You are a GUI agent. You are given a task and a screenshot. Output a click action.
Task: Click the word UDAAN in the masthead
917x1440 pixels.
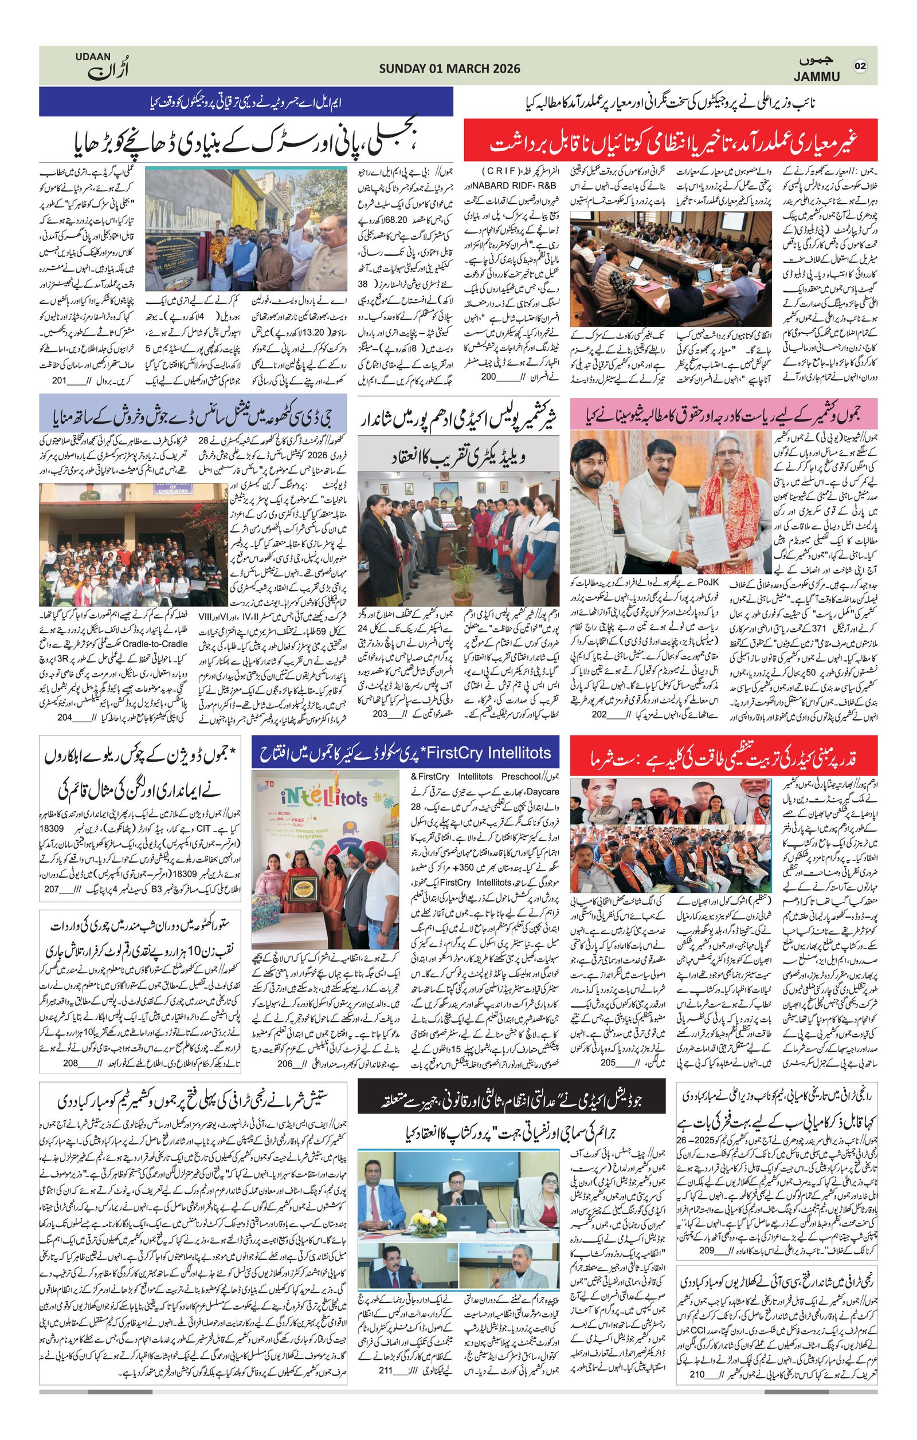tap(93, 56)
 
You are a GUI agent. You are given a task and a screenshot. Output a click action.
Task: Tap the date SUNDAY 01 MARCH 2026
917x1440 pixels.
tap(449, 69)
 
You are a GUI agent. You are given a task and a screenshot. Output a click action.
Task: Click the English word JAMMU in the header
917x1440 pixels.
tap(817, 77)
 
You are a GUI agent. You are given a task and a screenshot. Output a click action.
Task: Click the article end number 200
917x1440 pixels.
tap(489, 377)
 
